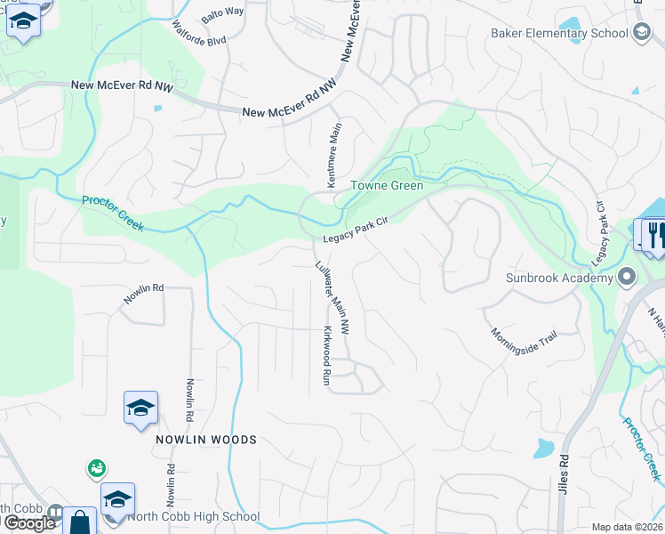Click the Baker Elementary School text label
[x=559, y=34]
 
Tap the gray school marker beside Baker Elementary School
[x=642, y=33]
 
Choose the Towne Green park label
[x=386, y=186]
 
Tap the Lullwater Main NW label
[x=332, y=299]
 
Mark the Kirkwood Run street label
[x=326, y=355]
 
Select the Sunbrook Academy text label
[x=559, y=278]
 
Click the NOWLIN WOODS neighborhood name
[x=206, y=440]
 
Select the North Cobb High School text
[x=194, y=516]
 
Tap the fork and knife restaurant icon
[x=656, y=234]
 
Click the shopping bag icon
[x=80, y=522]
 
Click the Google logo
[x=29, y=522]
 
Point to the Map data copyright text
[x=627, y=527]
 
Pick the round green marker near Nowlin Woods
[x=97, y=467]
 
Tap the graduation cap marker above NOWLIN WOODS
[x=140, y=408]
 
